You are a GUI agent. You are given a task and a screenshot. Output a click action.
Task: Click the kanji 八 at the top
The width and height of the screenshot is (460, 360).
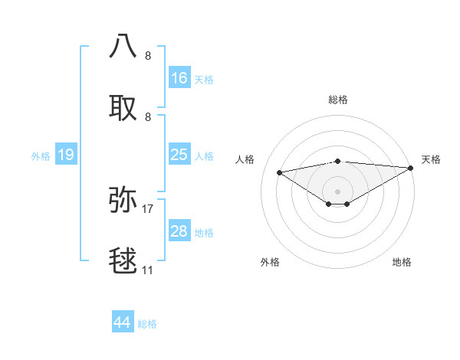tap(123, 46)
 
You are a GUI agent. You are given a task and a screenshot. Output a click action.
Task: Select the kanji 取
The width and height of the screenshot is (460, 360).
tap(123, 109)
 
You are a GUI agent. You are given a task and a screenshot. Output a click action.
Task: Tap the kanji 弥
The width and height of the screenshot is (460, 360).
tap(123, 199)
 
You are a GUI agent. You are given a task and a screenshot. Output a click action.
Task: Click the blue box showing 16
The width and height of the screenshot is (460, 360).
tap(179, 78)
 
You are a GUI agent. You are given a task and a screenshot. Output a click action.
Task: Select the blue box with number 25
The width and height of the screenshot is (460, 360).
tap(179, 155)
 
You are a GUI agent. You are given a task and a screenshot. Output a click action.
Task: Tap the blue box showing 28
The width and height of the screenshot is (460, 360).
tap(179, 231)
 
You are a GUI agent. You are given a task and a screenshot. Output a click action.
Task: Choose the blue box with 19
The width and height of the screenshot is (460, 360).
tap(66, 155)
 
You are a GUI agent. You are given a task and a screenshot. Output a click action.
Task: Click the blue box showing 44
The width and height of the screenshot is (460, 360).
tap(123, 323)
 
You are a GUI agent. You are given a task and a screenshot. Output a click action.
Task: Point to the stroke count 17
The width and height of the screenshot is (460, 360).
tap(148, 208)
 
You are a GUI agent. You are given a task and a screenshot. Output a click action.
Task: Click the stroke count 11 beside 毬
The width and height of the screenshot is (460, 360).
tap(148, 270)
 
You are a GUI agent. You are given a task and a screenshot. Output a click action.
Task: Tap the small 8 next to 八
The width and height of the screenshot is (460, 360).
tap(148, 55)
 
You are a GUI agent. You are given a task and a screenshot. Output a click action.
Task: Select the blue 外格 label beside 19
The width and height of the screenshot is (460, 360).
tap(41, 155)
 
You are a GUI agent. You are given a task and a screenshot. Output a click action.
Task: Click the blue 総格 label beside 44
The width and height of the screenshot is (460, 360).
tap(148, 324)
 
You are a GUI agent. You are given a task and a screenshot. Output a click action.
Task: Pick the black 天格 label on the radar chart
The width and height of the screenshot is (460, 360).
tap(431, 159)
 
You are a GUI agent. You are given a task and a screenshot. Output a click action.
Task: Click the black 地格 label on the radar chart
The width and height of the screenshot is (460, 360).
tap(402, 262)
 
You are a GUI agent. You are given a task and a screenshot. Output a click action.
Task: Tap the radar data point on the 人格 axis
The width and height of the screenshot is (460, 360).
tap(280, 172)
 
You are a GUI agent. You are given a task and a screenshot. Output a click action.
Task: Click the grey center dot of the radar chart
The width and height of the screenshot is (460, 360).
tap(337, 191)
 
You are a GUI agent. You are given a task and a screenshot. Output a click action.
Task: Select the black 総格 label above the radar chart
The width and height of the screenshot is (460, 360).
tap(338, 100)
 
